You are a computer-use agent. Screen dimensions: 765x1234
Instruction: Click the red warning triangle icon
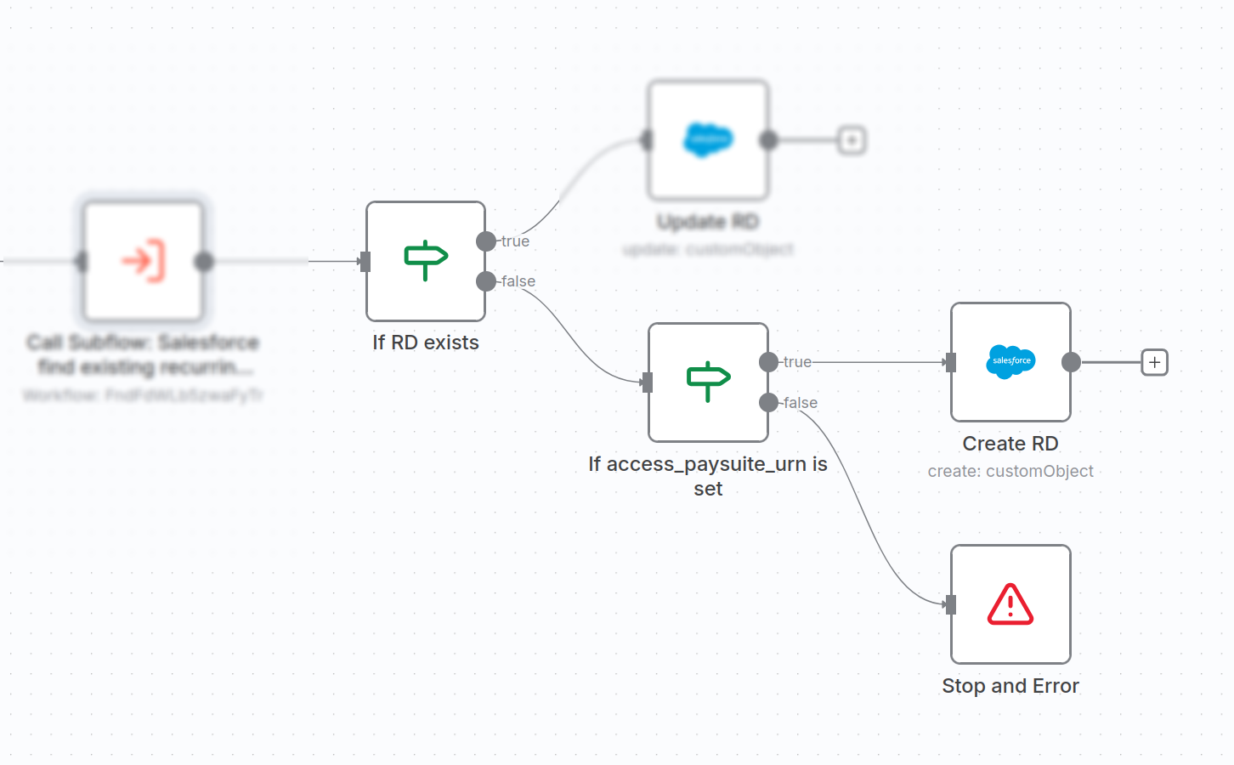[1010, 604]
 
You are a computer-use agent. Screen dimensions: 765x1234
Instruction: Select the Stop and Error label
[1010, 686]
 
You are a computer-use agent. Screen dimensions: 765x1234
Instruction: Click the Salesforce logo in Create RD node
[1010, 361]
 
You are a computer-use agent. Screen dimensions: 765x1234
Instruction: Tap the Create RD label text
[1010, 444]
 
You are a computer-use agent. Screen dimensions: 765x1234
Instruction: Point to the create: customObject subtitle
[1010, 471]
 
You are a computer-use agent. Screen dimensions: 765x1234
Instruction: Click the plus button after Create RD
[1154, 363]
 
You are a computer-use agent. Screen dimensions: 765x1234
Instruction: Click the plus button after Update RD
[852, 140]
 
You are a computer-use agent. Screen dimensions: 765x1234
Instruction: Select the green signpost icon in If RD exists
[426, 260]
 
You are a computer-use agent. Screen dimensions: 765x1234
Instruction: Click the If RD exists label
[426, 343]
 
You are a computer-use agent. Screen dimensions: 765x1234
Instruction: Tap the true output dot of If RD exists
[486, 241]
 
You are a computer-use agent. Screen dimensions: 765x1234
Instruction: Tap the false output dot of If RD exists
[486, 281]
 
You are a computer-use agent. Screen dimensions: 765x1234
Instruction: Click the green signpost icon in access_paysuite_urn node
[708, 382]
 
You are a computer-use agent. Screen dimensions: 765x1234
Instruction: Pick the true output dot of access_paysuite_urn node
[768, 362]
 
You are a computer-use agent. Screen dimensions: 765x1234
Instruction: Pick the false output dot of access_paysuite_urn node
[768, 402]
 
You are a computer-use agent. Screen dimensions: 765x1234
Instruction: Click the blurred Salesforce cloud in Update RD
[708, 139]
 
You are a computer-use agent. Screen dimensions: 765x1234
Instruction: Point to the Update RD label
[708, 222]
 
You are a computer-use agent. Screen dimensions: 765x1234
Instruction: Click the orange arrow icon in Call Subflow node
[143, 261]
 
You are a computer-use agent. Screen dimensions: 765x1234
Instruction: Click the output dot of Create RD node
[1071, 363]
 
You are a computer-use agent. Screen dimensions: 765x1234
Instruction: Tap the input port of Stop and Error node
[951, 604]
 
